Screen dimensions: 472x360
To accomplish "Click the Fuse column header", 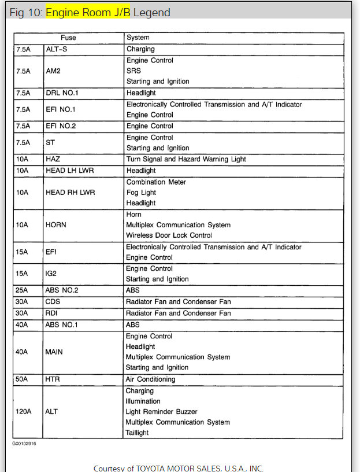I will (68, 38).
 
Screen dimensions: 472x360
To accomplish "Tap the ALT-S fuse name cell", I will (57, 49).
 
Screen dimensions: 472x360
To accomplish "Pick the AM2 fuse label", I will (53, 71).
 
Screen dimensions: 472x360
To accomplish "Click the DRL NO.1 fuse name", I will (62, 93).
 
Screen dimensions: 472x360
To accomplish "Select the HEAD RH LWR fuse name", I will (70, 193).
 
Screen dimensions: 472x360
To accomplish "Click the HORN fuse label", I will (57, 225).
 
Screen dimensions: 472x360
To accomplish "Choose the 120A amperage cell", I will (24, 412).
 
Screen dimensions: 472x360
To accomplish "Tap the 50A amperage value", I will (22, 379).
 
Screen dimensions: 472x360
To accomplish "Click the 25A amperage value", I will (22, 290).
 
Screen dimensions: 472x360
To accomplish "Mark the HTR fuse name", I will (53, 379).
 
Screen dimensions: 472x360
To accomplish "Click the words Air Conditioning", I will (150, 379).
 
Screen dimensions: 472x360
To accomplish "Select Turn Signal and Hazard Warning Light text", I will (185, 159).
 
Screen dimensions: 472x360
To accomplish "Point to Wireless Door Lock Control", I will (169, 235).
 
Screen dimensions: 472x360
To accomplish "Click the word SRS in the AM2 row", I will (133, 71).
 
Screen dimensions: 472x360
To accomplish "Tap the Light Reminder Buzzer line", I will (161, 412).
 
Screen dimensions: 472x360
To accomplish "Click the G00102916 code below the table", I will (24, 444).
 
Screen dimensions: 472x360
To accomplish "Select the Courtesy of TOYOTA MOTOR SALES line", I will (178, 468).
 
